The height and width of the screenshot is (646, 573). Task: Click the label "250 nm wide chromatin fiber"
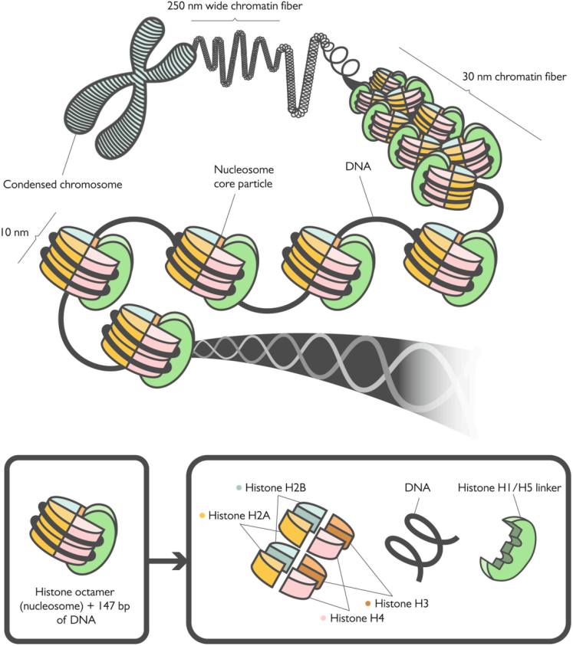[x=235, y=6]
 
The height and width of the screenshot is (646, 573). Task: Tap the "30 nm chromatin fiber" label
[x=514, y=77]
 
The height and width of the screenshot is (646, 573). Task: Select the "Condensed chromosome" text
[x=63, y=184]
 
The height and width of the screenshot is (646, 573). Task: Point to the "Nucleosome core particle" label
[x=243, y=177]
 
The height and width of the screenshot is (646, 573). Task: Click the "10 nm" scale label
[x=15, y=232]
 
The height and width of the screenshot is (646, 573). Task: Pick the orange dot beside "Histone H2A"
[x=203, y=516]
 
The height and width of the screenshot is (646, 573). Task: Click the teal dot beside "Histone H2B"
[x=239, y=488]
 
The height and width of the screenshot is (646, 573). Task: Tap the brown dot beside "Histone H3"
[x=368, y=604]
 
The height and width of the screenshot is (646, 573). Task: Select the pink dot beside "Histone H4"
[x=324, y=618]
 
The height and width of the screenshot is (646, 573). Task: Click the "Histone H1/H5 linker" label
[x=509, y=488]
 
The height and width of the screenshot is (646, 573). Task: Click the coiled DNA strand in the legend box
[x=421, y=544]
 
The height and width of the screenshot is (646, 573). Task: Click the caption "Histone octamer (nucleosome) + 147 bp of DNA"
[x=75, y=605]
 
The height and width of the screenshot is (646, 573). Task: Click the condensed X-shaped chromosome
[x=128, y=89]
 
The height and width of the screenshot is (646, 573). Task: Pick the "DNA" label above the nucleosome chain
[x=358, y=166]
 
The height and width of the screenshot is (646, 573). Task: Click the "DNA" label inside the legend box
[x=417, y=488]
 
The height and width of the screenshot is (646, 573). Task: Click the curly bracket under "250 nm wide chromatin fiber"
[x=235, y=20]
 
